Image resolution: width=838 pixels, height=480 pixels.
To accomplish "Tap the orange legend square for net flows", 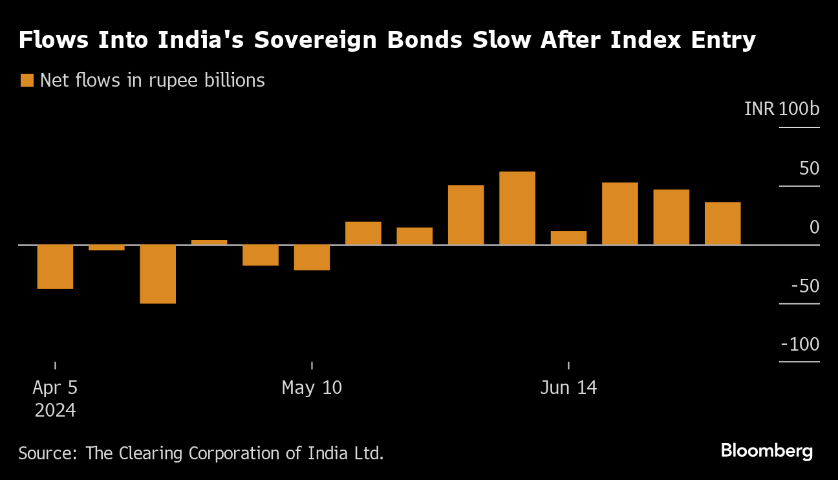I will pyautogui.click(x=27, y=80).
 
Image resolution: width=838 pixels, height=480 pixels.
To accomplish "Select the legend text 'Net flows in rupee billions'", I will pyautogui.click(x=152, y=80).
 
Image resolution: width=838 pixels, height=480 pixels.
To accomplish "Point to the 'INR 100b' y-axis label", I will pyautogui.click(x=781, y=109).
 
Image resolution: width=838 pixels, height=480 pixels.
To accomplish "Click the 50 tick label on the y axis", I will pyautogui.click(x=809, y=168).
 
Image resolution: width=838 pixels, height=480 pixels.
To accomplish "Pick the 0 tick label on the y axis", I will pyautogui.click(x=814, y=227).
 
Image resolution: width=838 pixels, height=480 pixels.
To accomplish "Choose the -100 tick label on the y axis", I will pyautogui.click(x=800, y=345).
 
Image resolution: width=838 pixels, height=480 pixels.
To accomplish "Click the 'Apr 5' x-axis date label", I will pyautogui.click(x=55, y=387).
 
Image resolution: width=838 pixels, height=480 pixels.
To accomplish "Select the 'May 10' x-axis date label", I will pyautogui.click(x=312, y=387).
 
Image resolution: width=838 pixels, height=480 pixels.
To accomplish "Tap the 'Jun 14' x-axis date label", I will pyautogui.click(x=568, y=387).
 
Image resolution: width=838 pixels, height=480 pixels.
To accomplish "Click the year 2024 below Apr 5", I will pyautogui.click(x=55, y=410).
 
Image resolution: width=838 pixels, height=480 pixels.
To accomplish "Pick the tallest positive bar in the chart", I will pyautogui.click(x=517, y=208).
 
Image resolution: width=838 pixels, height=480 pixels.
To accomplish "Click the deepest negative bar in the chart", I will pyautogui.click(x=158, y=274).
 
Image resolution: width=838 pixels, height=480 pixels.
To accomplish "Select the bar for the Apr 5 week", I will pyautogui.click(x=55, y=267).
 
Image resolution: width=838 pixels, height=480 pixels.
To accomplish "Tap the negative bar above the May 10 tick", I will pyautogui.click(x=312, y=257).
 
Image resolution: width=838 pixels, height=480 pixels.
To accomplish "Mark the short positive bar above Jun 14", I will pyautogui.click(x=568, y=237).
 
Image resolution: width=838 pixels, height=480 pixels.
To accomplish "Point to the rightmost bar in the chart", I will pyautogui.click(x=722, y=223).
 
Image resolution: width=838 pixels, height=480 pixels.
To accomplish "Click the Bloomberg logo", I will pyautogui.click(x=766, y=451).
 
